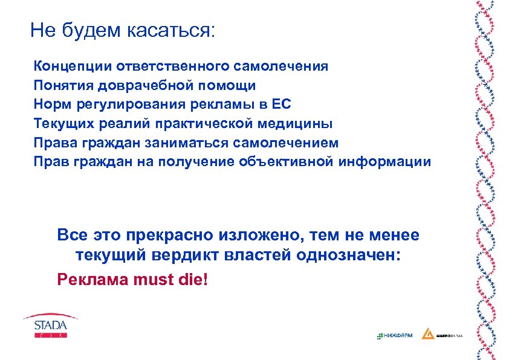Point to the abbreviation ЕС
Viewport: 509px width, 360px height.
[x=282, y=104]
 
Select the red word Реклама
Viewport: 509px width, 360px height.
[x=89, y=279]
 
